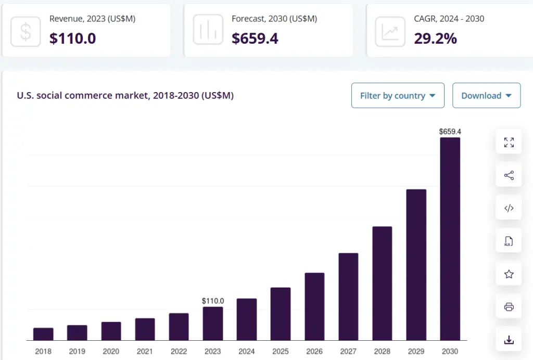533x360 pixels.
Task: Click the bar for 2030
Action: tap(450, 239)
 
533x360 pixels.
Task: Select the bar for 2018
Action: tap(43, 334)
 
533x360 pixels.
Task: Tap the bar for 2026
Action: tap(314, 306)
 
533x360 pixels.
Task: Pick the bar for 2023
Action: tap(213, 324)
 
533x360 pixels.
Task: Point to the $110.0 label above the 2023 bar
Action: tap(213, 301)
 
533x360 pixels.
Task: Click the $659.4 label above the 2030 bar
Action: tap(450, 132)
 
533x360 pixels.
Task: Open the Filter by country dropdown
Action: tap(398, 96)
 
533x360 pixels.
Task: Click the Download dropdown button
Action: tap(486, 96)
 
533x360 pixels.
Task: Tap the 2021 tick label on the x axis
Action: tap(145, 351)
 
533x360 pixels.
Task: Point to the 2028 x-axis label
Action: tap(382, 351)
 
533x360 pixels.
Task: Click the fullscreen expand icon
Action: tap(509, 143)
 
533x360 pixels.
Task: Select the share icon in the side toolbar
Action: tap(509, 175)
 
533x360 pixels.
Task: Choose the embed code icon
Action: tap(509, 209)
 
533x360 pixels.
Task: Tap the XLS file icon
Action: tap(509, 241)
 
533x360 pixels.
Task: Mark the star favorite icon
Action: tap(509, 274)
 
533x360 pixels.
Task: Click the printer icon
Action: tap(509, 307)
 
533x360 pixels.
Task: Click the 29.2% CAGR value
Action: tap(435, 38)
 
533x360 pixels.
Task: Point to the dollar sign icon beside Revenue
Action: tap(26, 31)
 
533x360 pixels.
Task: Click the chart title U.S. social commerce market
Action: tap(125, 96)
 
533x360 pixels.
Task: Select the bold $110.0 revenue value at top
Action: tap(72, 38)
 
